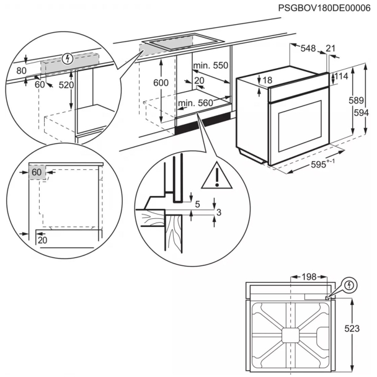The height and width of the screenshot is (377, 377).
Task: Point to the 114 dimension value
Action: click(340, 76)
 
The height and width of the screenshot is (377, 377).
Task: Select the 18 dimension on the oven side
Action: click(267, 80)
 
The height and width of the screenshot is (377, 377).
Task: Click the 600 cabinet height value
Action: click(161, 83)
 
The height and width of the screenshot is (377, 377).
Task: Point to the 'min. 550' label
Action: click(210, 66)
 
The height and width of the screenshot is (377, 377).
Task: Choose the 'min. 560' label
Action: click(195, 103)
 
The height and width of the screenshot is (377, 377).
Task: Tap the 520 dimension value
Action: click(66, 85)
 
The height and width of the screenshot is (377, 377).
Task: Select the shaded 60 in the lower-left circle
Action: click(37, 171)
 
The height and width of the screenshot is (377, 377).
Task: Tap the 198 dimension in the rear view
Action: click(308, 276)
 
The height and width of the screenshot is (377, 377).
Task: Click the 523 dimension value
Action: click(352, 329)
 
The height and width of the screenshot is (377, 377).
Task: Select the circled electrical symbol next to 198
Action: click(350, 285)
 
